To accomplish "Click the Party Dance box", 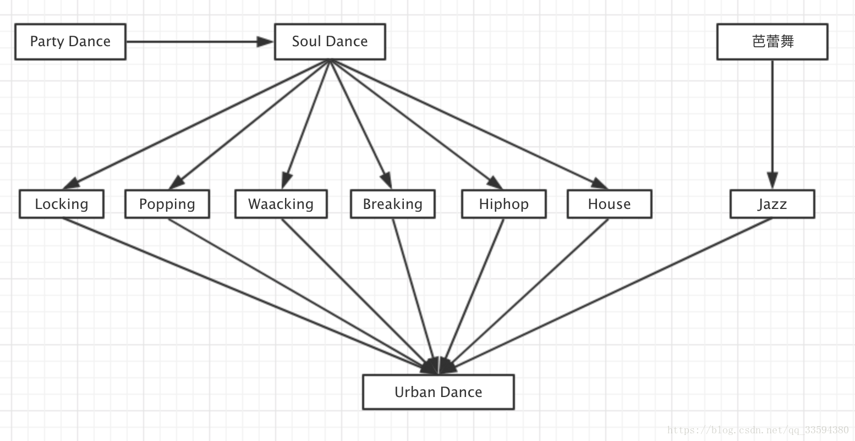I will (70, 42).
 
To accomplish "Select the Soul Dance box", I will (330, 42).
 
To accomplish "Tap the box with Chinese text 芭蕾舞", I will (772, 42).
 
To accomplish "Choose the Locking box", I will (62, 204).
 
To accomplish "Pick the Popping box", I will (167, 204).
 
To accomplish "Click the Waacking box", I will (281, 204).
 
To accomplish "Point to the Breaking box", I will (393, 204).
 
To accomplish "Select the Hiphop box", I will (504, 204).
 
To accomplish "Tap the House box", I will (610, 204).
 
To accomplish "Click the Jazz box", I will (772, 204).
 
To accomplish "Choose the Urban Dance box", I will (439, 392).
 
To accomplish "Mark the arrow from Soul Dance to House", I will (468, 122).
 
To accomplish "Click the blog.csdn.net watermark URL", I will (758, 430).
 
